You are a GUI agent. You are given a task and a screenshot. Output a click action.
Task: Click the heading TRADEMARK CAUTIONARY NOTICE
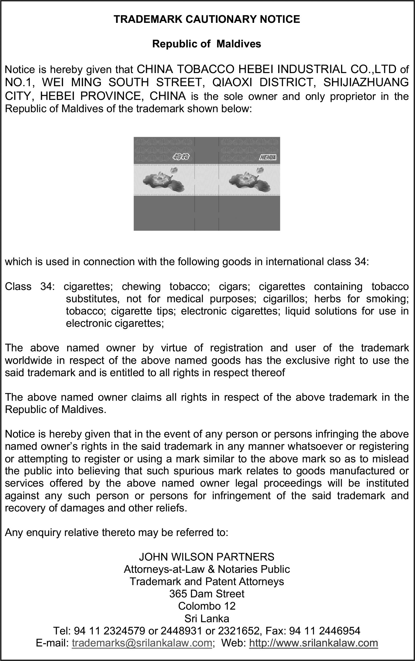tap(207, 19)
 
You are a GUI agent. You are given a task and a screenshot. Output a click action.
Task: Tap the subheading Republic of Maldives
tap(207, 44)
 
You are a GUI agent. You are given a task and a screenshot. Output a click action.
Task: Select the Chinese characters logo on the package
tap(181, 156)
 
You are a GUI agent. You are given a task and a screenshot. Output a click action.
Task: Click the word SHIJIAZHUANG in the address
tap(366, 82)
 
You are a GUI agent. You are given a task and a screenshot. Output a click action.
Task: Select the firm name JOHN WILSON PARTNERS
tap(207, 557)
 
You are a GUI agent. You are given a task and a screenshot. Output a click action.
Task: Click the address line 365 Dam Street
tap(207, 594)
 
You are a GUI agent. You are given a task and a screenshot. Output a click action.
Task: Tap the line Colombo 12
tap(207, 606)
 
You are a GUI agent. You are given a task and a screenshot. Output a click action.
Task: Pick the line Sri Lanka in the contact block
tap(207, 618)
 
